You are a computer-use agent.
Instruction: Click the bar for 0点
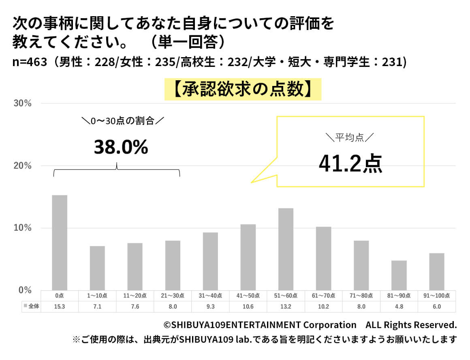(60, 242)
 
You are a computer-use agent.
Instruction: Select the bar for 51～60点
(286, 249)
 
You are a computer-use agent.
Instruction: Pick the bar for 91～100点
(436, 271)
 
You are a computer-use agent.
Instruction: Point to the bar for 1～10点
(97, 268)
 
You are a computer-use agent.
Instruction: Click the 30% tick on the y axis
(23, 103)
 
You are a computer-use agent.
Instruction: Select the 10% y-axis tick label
(23, 228)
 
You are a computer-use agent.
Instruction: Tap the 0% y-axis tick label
(25, 290)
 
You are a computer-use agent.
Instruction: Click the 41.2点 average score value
(350, 164)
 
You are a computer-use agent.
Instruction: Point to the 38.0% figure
(121, 148)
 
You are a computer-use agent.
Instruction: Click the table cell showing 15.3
(60, 306)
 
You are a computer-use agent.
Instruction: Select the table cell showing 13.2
(286, 306)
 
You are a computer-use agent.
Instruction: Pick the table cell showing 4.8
(399, 306)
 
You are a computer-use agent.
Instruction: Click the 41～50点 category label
(248, 296)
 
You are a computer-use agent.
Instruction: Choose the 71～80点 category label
(361, 296)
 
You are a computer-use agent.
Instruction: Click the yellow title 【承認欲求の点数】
(243, 90)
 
